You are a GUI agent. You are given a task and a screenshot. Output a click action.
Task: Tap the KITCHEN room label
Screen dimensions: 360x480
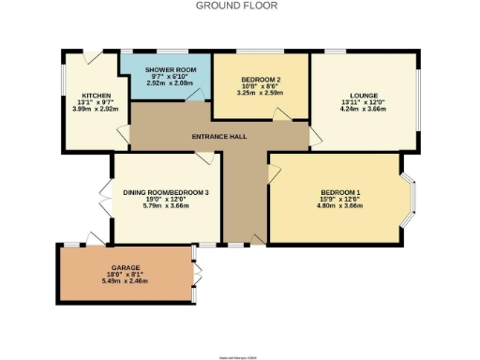[x=96, y=96]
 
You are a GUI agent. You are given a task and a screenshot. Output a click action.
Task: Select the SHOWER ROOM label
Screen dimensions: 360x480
[x=163, y=69]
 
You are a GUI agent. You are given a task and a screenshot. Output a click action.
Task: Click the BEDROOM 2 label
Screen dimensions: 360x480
[x=261, y=79]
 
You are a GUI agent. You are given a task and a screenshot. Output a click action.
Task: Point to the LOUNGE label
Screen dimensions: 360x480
[x=363, y=96]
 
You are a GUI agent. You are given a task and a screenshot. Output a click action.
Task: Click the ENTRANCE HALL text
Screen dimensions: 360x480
[x=218, y=137]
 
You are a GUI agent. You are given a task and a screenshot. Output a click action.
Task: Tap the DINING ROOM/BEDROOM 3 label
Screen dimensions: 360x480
[x=166, y=191]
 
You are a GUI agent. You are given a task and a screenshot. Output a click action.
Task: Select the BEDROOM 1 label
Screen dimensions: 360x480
[x=339, y=191]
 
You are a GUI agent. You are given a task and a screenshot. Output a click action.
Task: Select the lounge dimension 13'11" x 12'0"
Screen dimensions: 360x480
[x=363, y=104]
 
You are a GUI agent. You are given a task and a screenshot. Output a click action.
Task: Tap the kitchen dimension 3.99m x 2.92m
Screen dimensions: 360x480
[x=96, y=111]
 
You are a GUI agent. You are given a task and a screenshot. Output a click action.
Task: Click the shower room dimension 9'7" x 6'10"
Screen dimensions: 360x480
[x=163, y=76]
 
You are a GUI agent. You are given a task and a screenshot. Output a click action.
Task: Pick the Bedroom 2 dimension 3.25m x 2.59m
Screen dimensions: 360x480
[x=261, y=93]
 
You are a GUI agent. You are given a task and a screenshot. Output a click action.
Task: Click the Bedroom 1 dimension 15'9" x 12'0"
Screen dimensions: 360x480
[x=339, y=199]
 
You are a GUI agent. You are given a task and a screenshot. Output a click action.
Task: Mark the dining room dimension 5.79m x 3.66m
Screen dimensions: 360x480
[x=166, y=205]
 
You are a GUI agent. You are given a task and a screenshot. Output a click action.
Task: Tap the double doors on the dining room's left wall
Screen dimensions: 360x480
[x=105, y=199]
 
